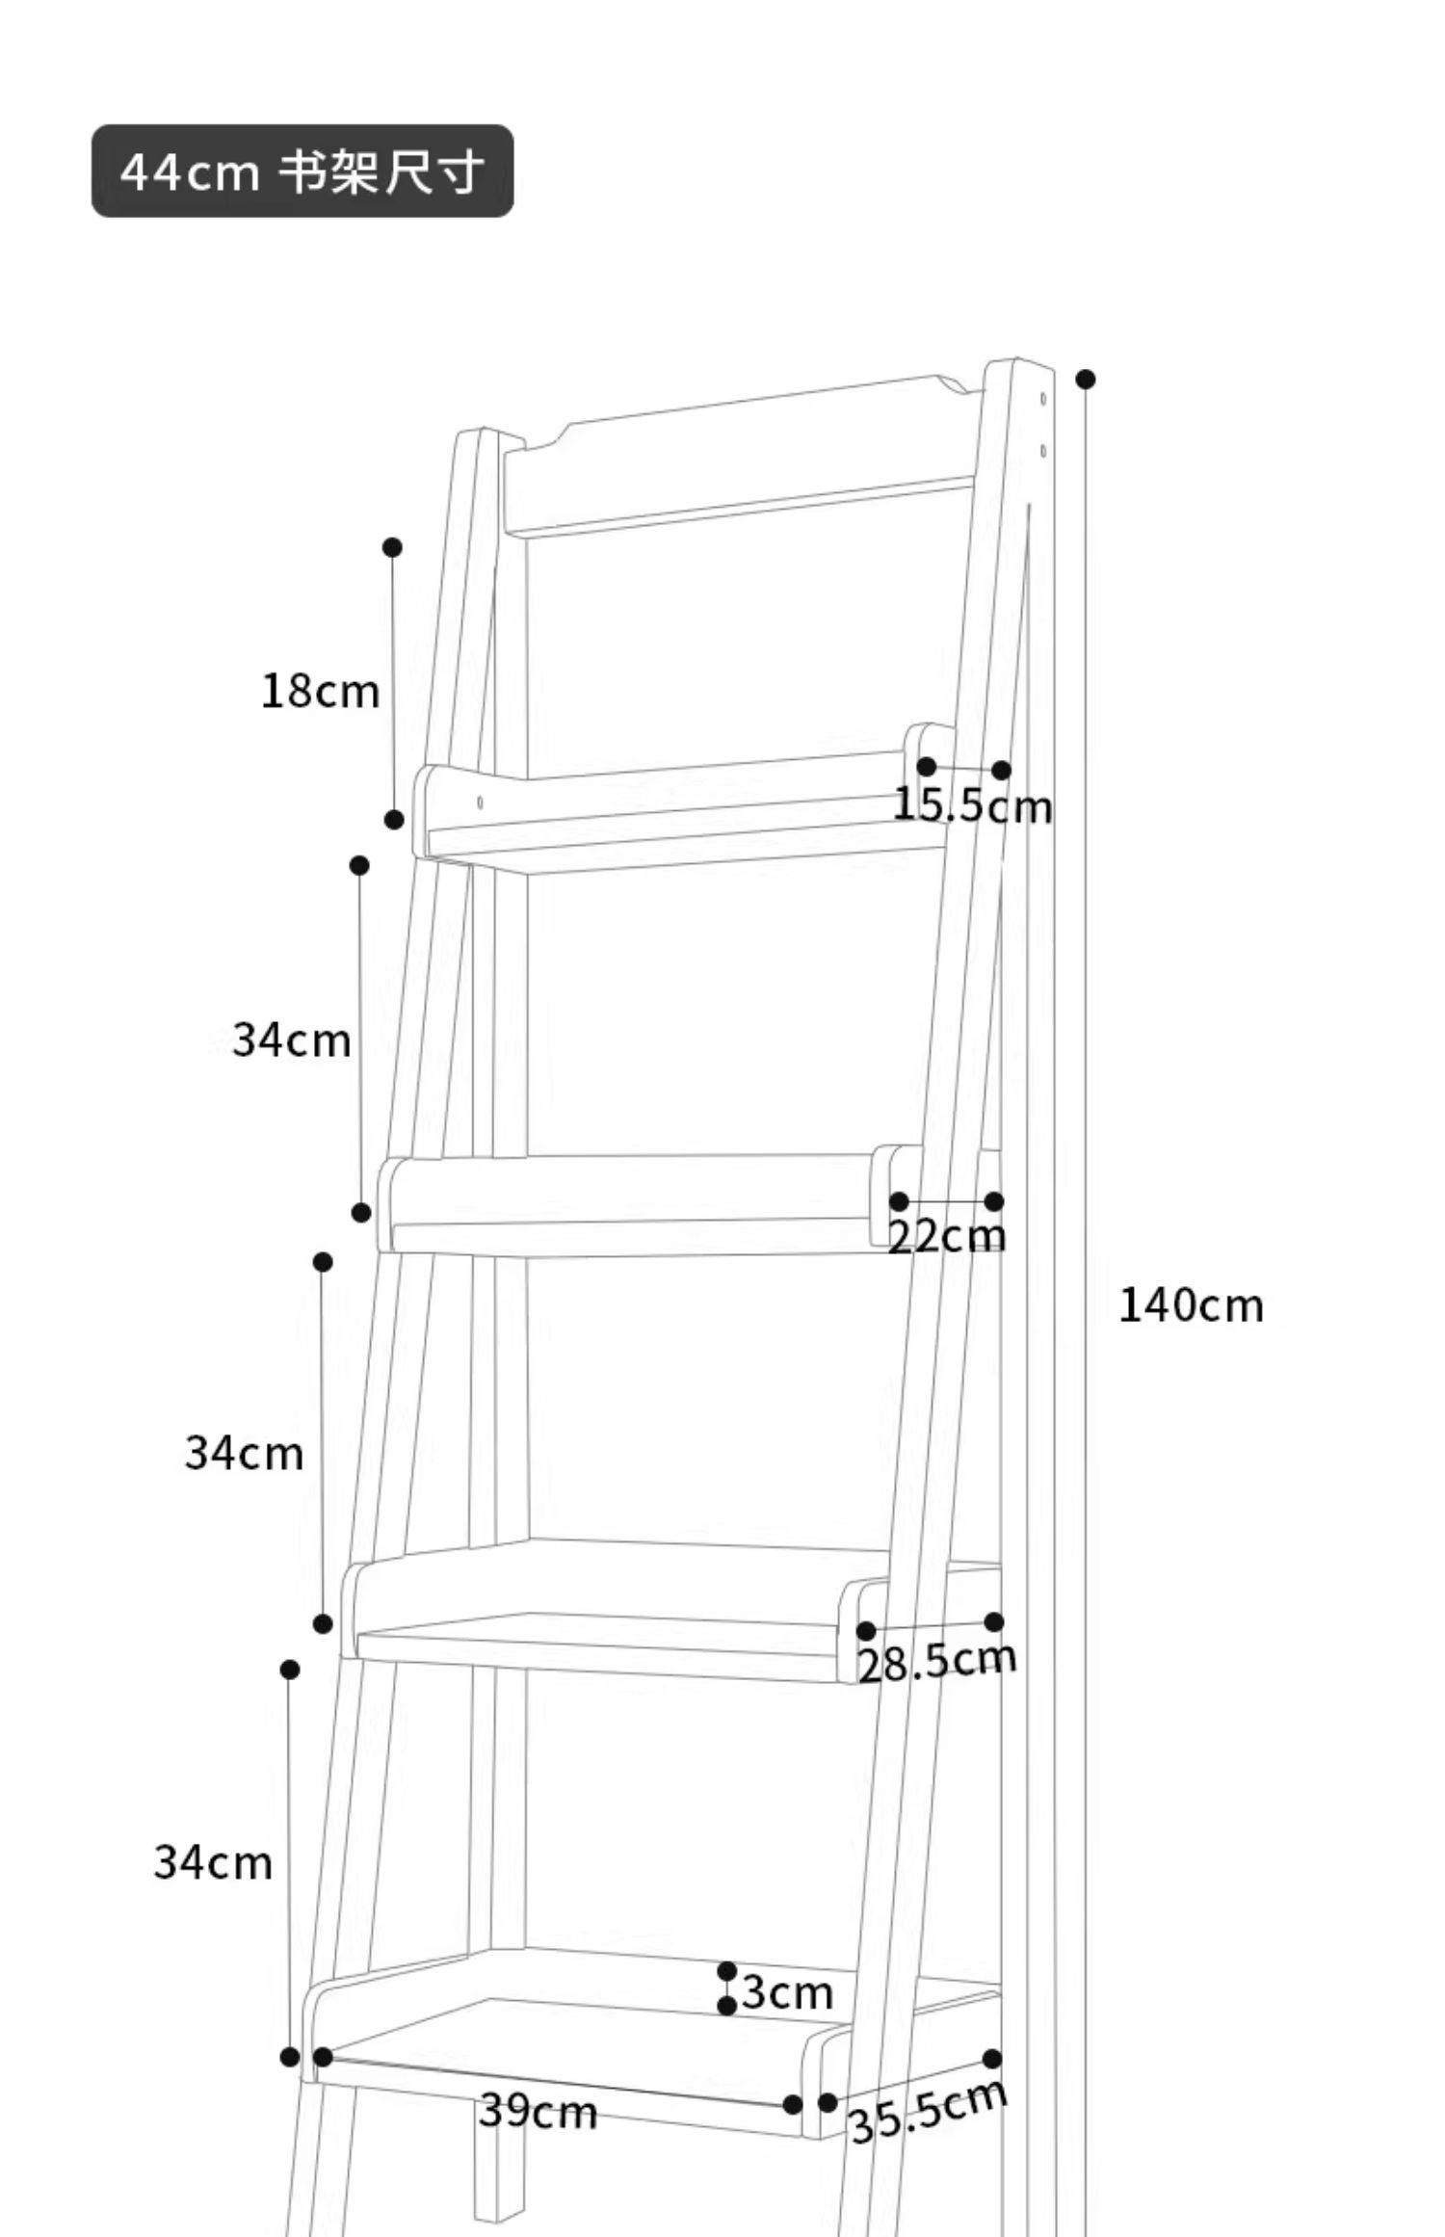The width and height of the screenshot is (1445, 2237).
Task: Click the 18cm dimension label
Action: tap(320, 692)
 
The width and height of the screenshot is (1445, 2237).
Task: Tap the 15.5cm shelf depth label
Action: tap(972, 805)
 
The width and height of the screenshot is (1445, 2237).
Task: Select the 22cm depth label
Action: tap(946, 1236)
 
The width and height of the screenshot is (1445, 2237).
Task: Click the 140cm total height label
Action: tap(1191, 1306)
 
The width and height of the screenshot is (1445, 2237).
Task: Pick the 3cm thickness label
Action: tap(787, 1992)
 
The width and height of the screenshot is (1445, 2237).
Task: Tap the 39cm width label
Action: tap(538, 2113)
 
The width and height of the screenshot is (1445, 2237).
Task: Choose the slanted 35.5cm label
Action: tap(928, 2111)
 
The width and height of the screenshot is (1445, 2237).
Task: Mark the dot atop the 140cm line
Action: tap(1086, 380)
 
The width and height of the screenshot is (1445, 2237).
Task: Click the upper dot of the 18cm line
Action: tap(392, 547)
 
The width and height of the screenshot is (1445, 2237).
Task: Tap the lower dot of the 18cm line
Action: tap(394, 820)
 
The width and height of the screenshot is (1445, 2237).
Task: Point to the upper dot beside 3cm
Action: tap(727, 1971)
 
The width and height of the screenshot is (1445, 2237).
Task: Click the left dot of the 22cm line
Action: tap(899, 1201)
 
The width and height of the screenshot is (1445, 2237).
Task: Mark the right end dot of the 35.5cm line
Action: tap(992, 2059)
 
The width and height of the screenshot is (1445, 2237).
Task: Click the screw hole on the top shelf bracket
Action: tap(480, 802)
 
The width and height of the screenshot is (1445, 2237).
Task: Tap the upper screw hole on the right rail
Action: tap(1043, 398)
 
